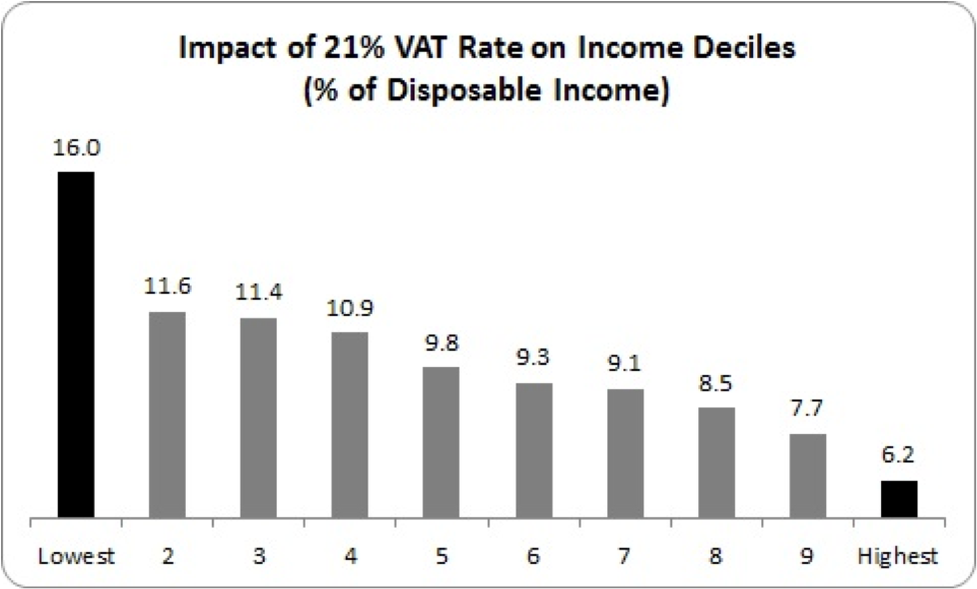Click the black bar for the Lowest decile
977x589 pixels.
point(76,345)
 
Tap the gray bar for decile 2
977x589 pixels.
point(167,415)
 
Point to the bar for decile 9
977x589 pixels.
point(808,476)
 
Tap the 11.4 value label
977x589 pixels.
point(258,294)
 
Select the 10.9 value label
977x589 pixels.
point(350,308)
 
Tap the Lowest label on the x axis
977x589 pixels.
point(76,556)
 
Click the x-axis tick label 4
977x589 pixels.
point(350,556)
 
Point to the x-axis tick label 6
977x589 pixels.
point(533,556)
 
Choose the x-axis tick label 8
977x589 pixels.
point(716,556)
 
